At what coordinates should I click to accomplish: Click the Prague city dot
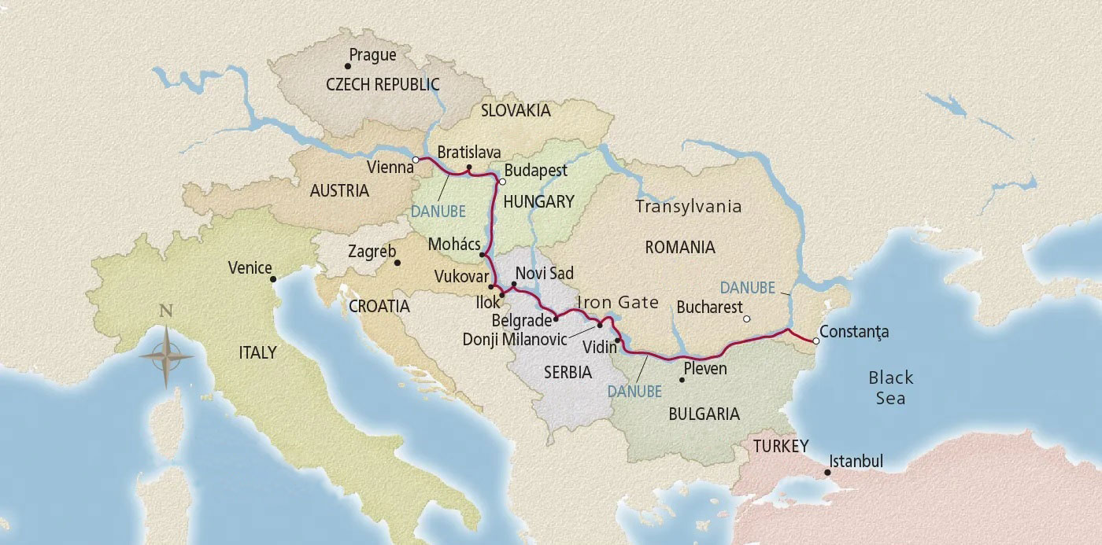[348, 67]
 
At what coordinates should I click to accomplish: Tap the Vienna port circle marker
[416, 160]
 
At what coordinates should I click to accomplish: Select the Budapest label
[535, 171]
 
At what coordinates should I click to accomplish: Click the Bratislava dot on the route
[468, 168]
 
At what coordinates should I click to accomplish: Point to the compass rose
[166, 356]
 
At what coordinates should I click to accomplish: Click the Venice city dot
[273, 279]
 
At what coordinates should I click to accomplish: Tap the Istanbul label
[856, 462]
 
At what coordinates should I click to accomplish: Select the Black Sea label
[891, 388]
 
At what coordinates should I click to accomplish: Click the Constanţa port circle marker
[815, 341]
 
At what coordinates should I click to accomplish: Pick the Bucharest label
[709, 307]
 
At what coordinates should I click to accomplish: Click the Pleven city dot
[682, 381]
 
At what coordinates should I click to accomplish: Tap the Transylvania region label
[688, 207]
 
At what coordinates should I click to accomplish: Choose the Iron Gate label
[617, 303]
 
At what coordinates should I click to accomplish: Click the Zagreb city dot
[398, 263]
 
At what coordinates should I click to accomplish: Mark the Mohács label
[454, 245]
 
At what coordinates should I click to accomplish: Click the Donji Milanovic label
[527, 339]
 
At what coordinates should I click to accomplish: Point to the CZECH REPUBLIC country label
[383, 85]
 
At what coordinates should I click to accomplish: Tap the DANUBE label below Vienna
[438, 211]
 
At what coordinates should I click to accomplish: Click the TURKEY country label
[780, 447]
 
